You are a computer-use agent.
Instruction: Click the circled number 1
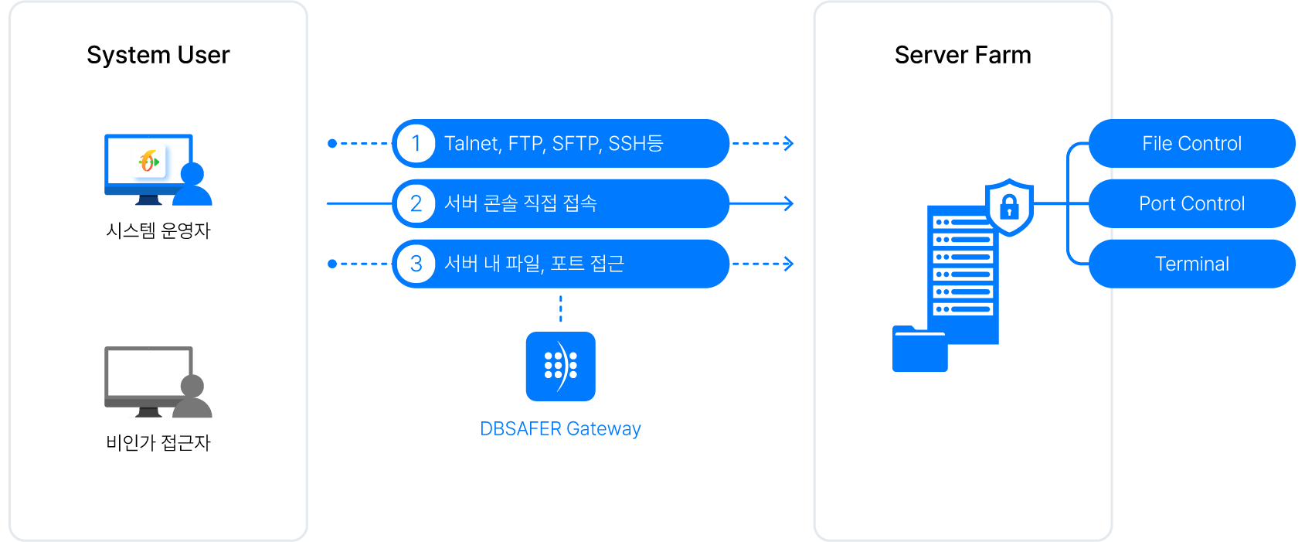tap(416, 144)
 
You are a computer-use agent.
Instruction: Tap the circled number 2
tap(416, 203)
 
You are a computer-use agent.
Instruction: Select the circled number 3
tap(416, 264)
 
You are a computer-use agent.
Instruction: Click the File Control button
tap(1191, 144)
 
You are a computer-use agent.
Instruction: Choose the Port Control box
tap(1191, 203)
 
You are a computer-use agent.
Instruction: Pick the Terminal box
tap(1191, 264)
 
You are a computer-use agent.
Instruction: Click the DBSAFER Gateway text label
tap(560, 429)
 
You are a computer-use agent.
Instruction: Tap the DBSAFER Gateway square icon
tap(560, 366)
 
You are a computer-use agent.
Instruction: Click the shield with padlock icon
tap(1009, 206)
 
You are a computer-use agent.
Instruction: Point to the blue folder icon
tap(919, 350)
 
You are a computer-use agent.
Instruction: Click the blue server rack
tap(963, 271)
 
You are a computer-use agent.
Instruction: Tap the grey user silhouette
tap(192, 398)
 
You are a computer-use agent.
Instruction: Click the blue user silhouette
tap(192, 186)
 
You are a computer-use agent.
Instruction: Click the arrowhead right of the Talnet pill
tap(789, 144)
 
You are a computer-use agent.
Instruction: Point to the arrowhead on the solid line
tap(789, 203)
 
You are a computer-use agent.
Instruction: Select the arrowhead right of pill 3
tap(789, 264)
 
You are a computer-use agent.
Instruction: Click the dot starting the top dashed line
tap(332, 144)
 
